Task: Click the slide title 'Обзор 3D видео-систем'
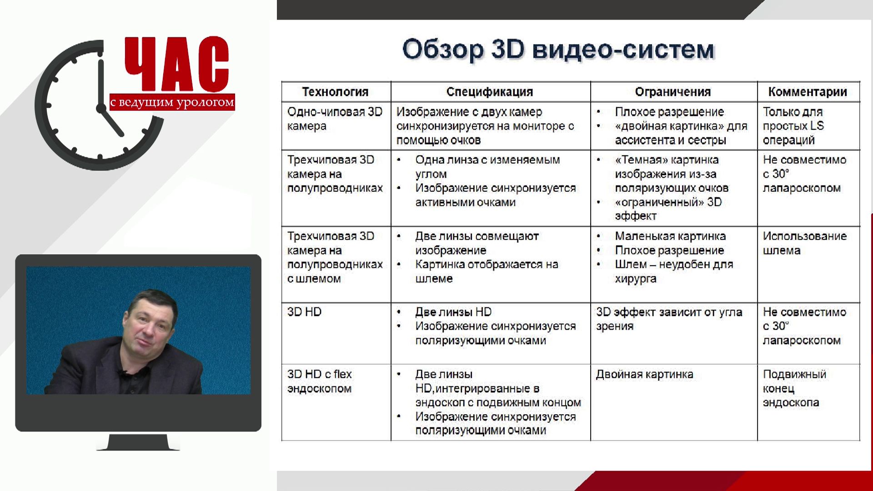(558, 50)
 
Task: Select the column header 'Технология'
(336, 92)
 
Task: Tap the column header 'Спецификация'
(490, 92)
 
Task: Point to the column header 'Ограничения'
(673, 92)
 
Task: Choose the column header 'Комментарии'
(808, 92)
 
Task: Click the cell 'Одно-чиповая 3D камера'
(335, 119)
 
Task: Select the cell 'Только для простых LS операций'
(793, 126)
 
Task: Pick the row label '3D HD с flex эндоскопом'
(320, 381)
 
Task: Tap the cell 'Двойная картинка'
(644, 374)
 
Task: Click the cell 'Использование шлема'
(805, 243)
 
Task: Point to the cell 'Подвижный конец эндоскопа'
(794, 388)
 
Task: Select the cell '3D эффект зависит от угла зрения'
(669, 319)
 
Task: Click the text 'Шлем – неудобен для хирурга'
(674, 271)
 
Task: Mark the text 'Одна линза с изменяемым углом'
(487, 167)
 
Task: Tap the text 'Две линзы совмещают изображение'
(477, 243)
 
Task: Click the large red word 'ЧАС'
(177, 65)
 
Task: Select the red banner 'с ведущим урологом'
(172, 102)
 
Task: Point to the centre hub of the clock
(100, 108)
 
